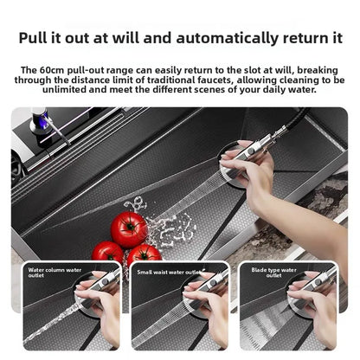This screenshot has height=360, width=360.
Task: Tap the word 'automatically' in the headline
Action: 227,38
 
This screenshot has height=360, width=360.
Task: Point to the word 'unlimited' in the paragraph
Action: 64,89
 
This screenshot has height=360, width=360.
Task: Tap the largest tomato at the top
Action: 130,229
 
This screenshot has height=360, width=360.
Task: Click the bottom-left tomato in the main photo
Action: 107,252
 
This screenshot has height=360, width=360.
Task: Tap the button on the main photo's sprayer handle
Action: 251,151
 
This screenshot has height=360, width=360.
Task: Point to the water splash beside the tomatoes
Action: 170,228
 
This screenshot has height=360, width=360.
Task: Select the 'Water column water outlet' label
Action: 55,273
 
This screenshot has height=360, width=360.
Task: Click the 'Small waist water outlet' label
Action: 170,272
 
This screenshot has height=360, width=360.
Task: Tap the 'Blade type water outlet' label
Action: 273,273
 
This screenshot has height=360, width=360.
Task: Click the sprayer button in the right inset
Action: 318,281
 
